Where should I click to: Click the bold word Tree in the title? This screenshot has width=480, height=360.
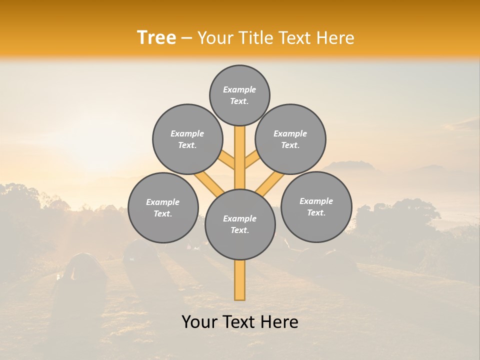[156, 38]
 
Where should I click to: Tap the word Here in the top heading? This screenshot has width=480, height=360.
[335, 38]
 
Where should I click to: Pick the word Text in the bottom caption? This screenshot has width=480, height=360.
[239, 322]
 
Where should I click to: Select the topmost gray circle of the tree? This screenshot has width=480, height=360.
[239, 95]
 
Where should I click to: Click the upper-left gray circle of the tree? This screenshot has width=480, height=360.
[187, 139]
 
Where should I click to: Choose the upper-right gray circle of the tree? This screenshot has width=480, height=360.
[290, 139]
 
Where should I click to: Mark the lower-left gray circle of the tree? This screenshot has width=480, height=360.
[163, 207]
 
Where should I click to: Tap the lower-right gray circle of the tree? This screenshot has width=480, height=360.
[316, 206]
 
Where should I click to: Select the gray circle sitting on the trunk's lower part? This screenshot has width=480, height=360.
[240, 224]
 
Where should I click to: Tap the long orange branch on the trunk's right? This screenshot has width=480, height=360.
[270, 183]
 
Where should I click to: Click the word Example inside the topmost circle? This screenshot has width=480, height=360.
[239, 89]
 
